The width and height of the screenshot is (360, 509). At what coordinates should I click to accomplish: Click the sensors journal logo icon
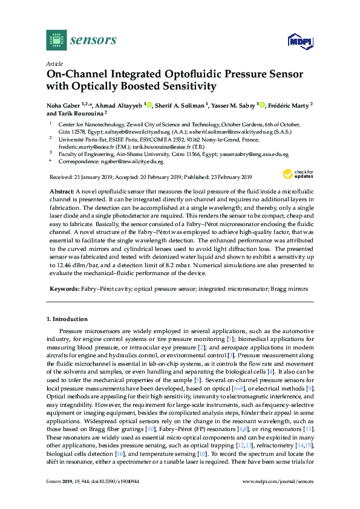pyautogui.click(x=56, y=41)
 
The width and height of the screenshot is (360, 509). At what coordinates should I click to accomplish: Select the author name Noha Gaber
pyautogui.click(x=63, y=105)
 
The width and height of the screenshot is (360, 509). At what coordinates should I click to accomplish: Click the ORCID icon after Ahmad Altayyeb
pyautogui.click(x=149, y=105)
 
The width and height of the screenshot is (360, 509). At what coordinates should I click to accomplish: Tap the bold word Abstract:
pyautogui.click(x=62, y=190)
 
